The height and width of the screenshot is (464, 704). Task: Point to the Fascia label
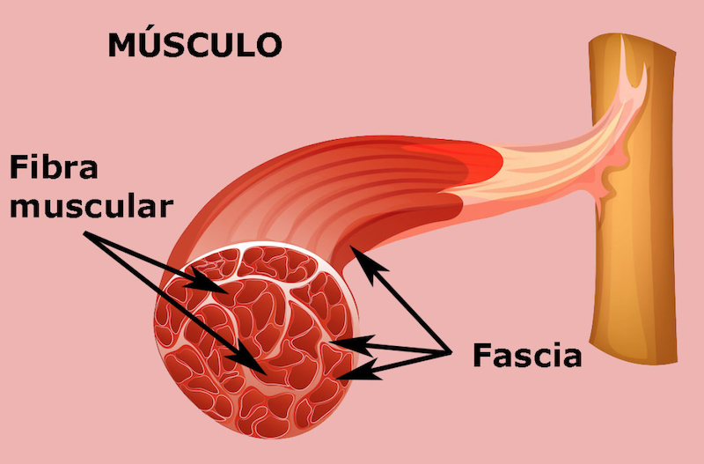(x=527, y=356)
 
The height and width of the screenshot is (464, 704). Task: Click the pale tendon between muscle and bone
(x=563, y=163)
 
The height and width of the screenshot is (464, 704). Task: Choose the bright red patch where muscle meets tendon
(x=480, y=158)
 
